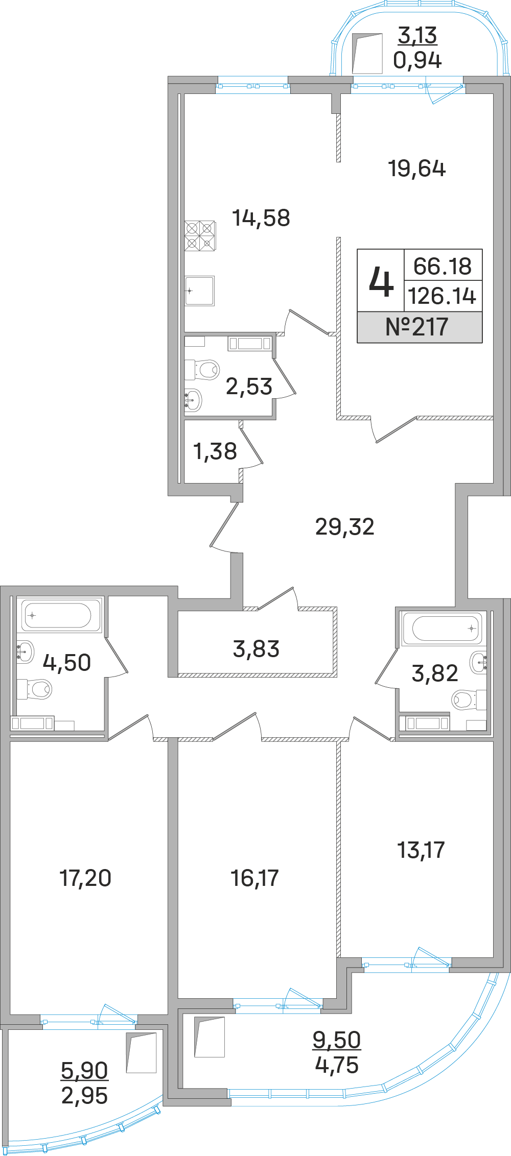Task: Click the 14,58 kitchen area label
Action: click(x=261, y=218)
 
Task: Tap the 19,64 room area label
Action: click(x=417, y=168)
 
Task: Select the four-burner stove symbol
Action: click(x=200, y=235)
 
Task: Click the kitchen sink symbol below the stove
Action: click(x=200, y=291)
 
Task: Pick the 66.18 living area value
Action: click(x=443, y=266)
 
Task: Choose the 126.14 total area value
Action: click(x=443, y=296)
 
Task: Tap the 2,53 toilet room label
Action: click(x=249, y=387)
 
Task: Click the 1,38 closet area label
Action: click(x=215, y=451)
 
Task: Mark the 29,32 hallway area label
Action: click(x=345, y=526)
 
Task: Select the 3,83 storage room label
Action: click(x=256, y=649)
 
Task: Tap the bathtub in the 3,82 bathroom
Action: click(x=443, y=628)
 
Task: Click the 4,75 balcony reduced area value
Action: click(x=337, y=1065)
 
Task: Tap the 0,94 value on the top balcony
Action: click(x=417, y=60)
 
